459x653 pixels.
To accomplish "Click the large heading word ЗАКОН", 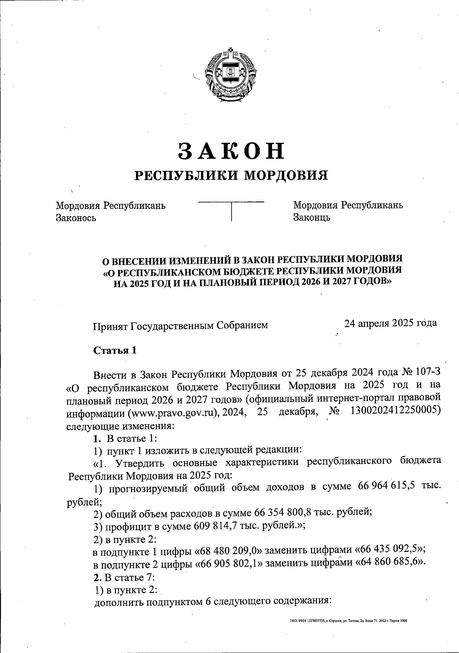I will click(x=232, y=151).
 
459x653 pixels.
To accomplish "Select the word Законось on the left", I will click(x=76, y=218).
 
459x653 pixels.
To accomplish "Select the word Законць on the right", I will click(x=312, y=218).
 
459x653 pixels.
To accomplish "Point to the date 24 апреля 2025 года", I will click(x=391, y=323).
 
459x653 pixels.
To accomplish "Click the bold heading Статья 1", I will click(x=115, y=351).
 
